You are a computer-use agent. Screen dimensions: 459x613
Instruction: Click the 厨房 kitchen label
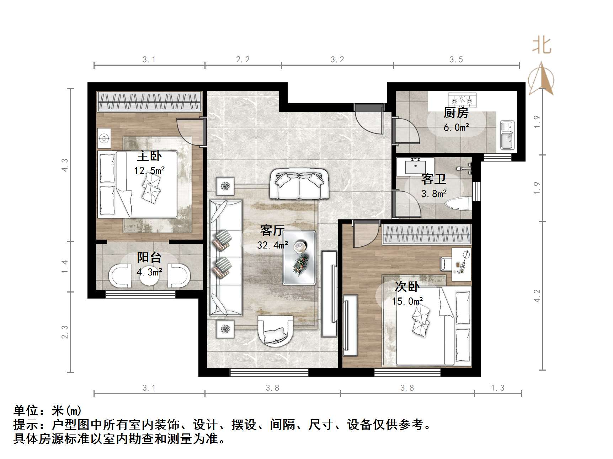(x=456, y=113)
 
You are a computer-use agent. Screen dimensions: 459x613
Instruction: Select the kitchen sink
(x=507, y=135)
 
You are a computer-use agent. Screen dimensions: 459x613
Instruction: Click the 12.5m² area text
(x=149, y=170)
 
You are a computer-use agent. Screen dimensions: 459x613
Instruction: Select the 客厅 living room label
(x=272, y=230)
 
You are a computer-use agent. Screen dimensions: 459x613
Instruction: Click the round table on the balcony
(x=149, y=275)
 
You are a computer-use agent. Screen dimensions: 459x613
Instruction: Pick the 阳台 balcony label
(x=149, y=257)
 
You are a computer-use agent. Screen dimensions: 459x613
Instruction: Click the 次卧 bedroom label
(x=407, y=286)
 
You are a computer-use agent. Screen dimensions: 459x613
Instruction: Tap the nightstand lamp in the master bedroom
(x=104, y=138)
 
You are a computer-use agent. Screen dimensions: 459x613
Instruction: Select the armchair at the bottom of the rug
(x=276, y=330)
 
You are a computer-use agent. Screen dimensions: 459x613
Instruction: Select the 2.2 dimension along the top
(x=243, y=60)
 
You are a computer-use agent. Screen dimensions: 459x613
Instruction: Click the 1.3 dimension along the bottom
(x=497, y=388)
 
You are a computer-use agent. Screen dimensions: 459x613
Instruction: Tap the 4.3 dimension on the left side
(x=64, y=165)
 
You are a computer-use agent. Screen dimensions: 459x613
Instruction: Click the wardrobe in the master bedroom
(x=150, y=102)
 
